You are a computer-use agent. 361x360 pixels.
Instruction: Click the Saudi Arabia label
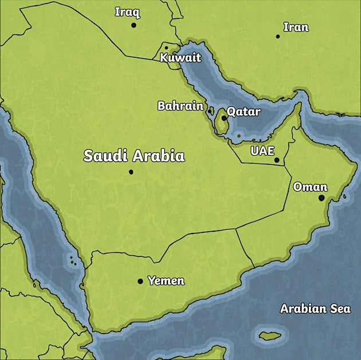point(134,156)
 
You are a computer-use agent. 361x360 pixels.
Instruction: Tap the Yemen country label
point(166,280)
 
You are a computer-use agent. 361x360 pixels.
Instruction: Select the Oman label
point(310,187)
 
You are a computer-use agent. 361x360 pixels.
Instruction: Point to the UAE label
point(262,151)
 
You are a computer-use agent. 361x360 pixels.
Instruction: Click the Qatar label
point(244,112)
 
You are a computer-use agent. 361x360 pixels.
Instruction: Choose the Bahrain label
point(180,106)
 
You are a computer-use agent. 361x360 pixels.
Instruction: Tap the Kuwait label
point(180,58)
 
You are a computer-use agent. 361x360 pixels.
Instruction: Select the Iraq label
point(127,12)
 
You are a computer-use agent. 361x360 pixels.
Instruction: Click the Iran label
point(296,27)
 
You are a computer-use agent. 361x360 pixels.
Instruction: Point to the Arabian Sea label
point(315,308)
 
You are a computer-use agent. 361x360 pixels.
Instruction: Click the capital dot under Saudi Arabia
point(131,172)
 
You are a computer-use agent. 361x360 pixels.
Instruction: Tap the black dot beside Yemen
point(140,281)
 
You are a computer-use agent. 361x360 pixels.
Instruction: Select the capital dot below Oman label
point(321,198)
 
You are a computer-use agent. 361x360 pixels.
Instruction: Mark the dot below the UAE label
point(277,160)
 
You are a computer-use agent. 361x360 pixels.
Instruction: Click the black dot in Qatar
point(224,118)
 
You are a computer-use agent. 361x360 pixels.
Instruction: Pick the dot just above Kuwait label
point(166,48)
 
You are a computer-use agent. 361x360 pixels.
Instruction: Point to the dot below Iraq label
point(134,25)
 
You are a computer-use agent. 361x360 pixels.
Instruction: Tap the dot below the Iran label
point(278,37)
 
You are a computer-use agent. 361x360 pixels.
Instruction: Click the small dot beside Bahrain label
point(210,111)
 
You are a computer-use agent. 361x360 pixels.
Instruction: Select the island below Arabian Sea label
point(272,335)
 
